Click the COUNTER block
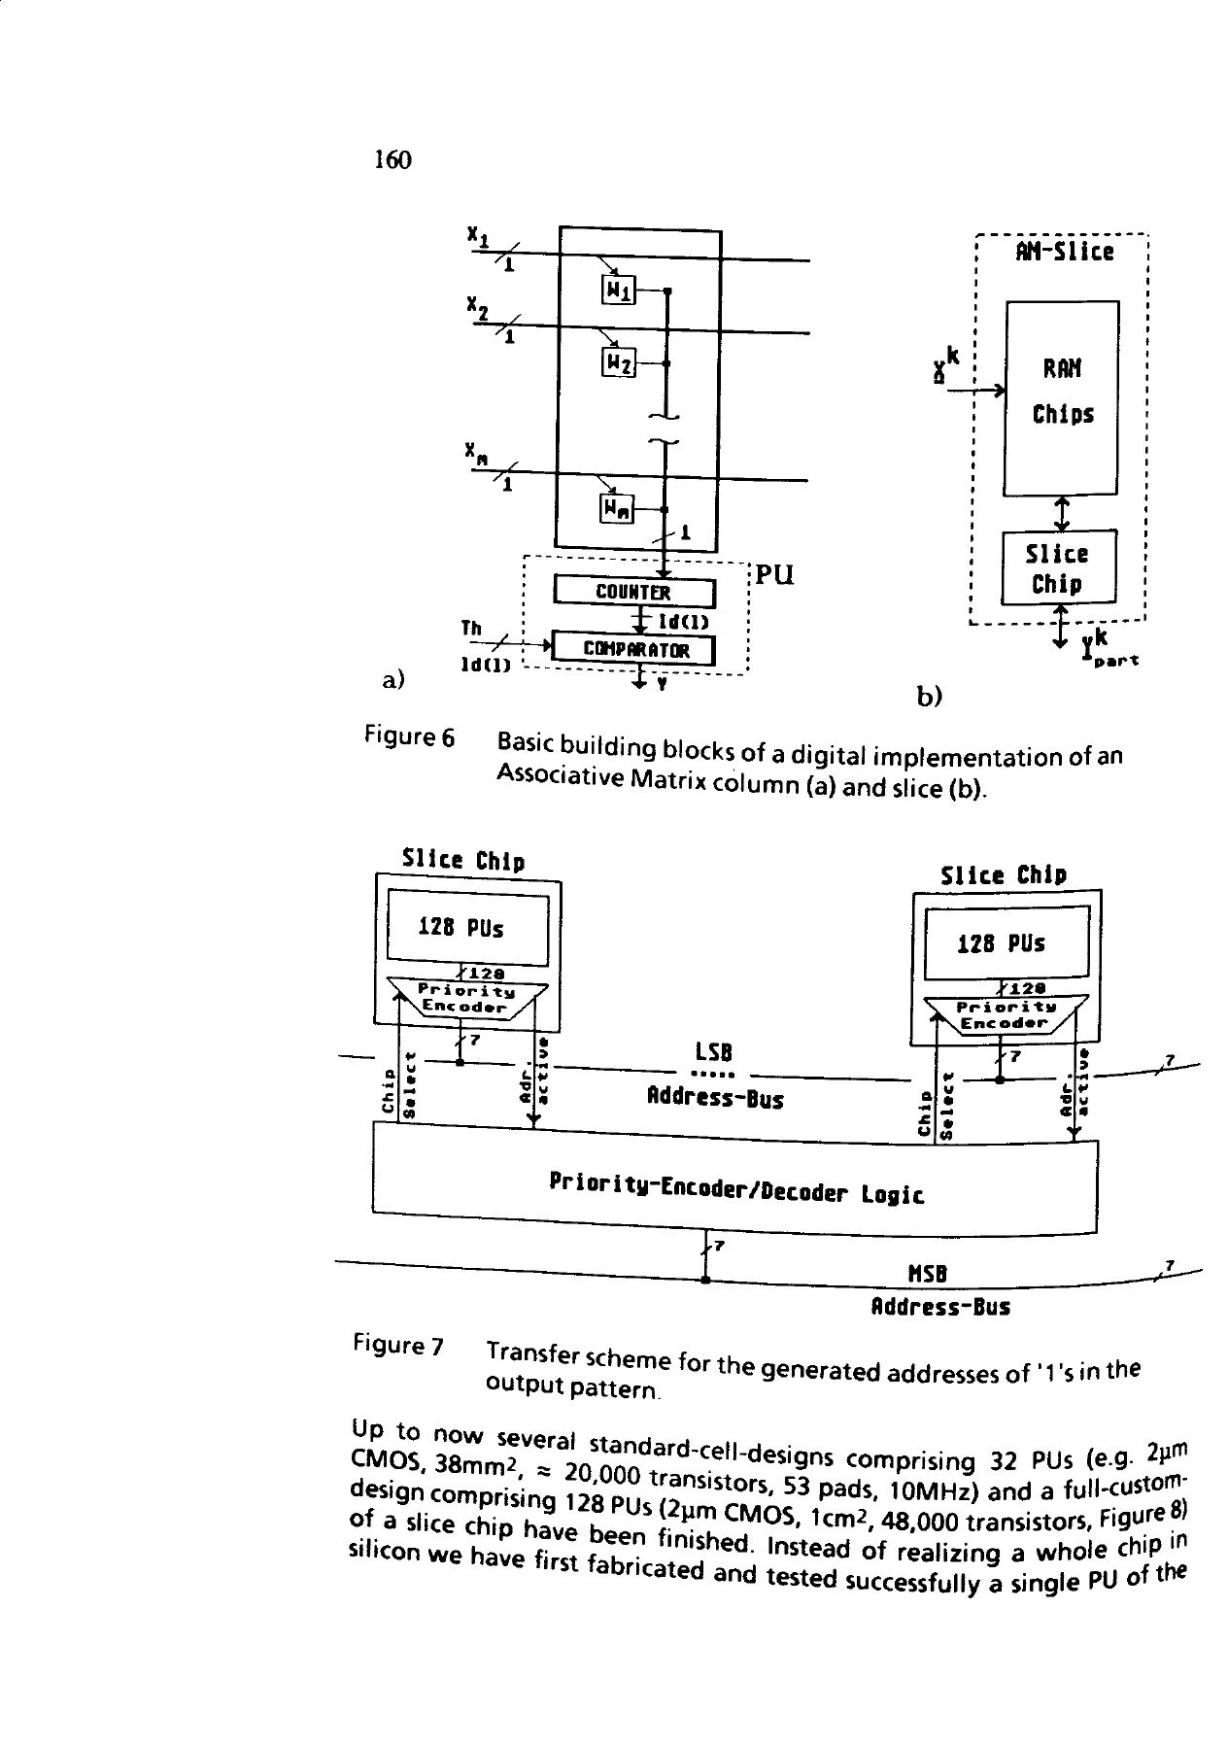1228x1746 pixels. [633, 592]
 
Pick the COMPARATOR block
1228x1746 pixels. [633, 649]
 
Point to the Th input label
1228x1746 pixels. [472, 628]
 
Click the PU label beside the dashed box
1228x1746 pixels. [774, 574]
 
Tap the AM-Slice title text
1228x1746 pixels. [1064, 253]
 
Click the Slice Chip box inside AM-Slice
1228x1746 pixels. [1059, 567]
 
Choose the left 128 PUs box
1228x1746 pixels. [468, 928]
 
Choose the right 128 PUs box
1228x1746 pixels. [1006, 942]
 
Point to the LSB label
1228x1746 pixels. [713, 1052]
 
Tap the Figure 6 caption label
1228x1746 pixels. [409, 737]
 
